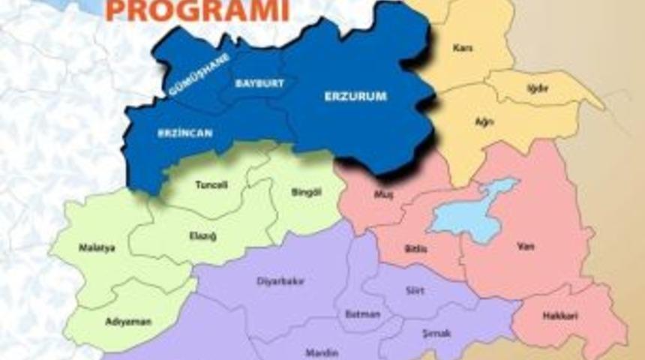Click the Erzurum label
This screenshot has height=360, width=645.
(355, 96)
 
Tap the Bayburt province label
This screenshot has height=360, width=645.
(259, 82)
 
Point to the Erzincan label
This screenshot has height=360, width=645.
(185, 133)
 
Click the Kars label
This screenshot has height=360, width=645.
(463, 48)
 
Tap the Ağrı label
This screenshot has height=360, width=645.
(484, 121)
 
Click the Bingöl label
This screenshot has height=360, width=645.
(305, 192)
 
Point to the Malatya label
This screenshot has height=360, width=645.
(97, 247)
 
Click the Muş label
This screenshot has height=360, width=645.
(382, 194)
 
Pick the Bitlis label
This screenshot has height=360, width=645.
(415, 247)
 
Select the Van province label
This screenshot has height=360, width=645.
(526, 246)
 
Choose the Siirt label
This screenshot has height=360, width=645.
(414, 289)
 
